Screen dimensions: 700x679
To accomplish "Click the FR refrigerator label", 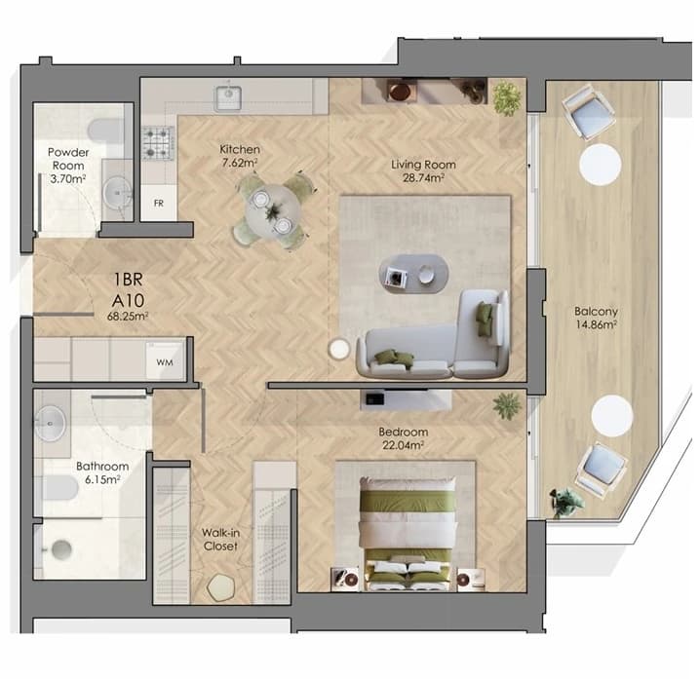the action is (159, 204).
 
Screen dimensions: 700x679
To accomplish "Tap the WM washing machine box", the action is (165, 361).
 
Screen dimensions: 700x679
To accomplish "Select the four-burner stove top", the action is (158, 143).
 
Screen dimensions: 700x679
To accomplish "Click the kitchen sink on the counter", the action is (228, 98).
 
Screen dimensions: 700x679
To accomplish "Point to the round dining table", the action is (272, 210).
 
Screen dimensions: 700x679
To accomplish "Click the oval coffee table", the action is (413, 274).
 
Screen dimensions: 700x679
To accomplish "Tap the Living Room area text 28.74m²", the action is (423, 178).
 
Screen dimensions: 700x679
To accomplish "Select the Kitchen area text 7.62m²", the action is (240, 163).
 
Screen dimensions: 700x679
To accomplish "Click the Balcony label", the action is (596, 311).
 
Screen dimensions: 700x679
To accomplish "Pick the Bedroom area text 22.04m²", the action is (403, 445).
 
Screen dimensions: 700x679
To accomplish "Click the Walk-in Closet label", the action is (220, 539).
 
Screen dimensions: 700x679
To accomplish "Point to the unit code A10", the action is (128, 300).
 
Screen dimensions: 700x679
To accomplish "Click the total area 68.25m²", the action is (128, 317).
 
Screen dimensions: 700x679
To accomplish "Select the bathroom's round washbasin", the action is (50, 423).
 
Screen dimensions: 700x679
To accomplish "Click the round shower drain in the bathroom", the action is (61, 549).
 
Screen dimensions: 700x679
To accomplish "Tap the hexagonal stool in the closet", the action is (221, 587).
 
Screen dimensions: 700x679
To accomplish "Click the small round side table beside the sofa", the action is (339, 349).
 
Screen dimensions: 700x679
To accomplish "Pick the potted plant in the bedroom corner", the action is (507, 405).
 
